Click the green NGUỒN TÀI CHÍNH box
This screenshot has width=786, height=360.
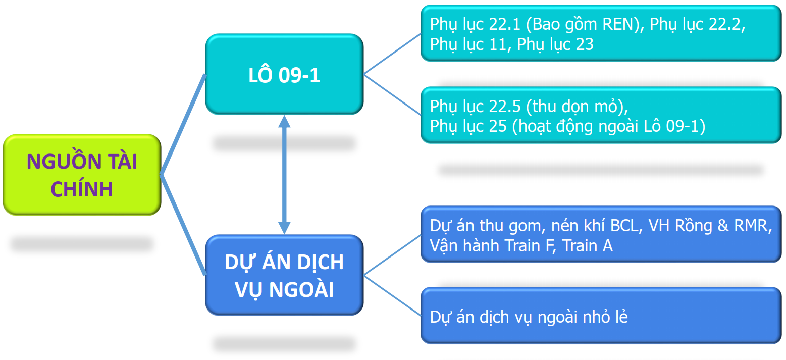(x=82, y=175)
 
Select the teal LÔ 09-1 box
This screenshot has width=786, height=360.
(x=284, y=74)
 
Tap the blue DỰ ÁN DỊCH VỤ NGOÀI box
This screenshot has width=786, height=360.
(x=284, y=275)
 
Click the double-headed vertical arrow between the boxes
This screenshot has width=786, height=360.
(x=285, y=175)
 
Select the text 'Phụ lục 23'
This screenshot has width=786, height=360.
(x=555, y=44)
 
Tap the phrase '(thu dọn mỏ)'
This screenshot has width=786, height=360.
(x=577, y=107)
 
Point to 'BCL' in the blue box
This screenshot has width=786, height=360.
(x=624, y=225)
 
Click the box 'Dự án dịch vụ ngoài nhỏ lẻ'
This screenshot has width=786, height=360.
(x=601, y=316)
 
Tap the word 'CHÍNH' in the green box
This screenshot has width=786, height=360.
(x=82, y=189)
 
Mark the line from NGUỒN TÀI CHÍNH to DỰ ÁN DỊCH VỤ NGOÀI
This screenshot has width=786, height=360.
(x=183, y=225)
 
